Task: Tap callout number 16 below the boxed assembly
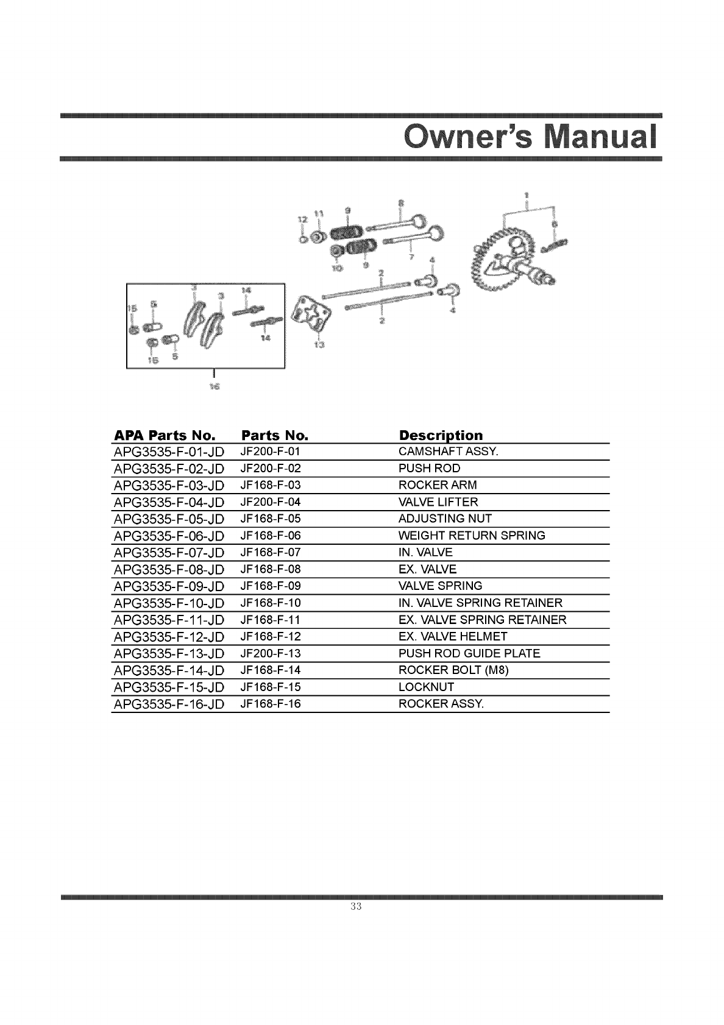[x=214, y=386]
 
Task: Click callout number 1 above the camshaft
[x=527, y=195]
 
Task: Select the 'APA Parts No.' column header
[x=165, y=435]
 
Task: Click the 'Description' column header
[x=440, y=435]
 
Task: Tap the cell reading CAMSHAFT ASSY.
[x=448, y=452]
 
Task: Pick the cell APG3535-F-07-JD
[x=169, y=553]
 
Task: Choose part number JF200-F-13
[x=271, y=653]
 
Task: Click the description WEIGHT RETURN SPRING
[x=472, y=536]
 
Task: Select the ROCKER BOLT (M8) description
[x=453, y=670]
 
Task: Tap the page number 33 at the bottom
[x=357, y=906]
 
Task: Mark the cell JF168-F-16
[x=271, y=704]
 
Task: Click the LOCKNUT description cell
[x=426, y=687]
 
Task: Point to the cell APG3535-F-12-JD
[x=169, y=637]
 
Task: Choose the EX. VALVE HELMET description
[x=452, y=636]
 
